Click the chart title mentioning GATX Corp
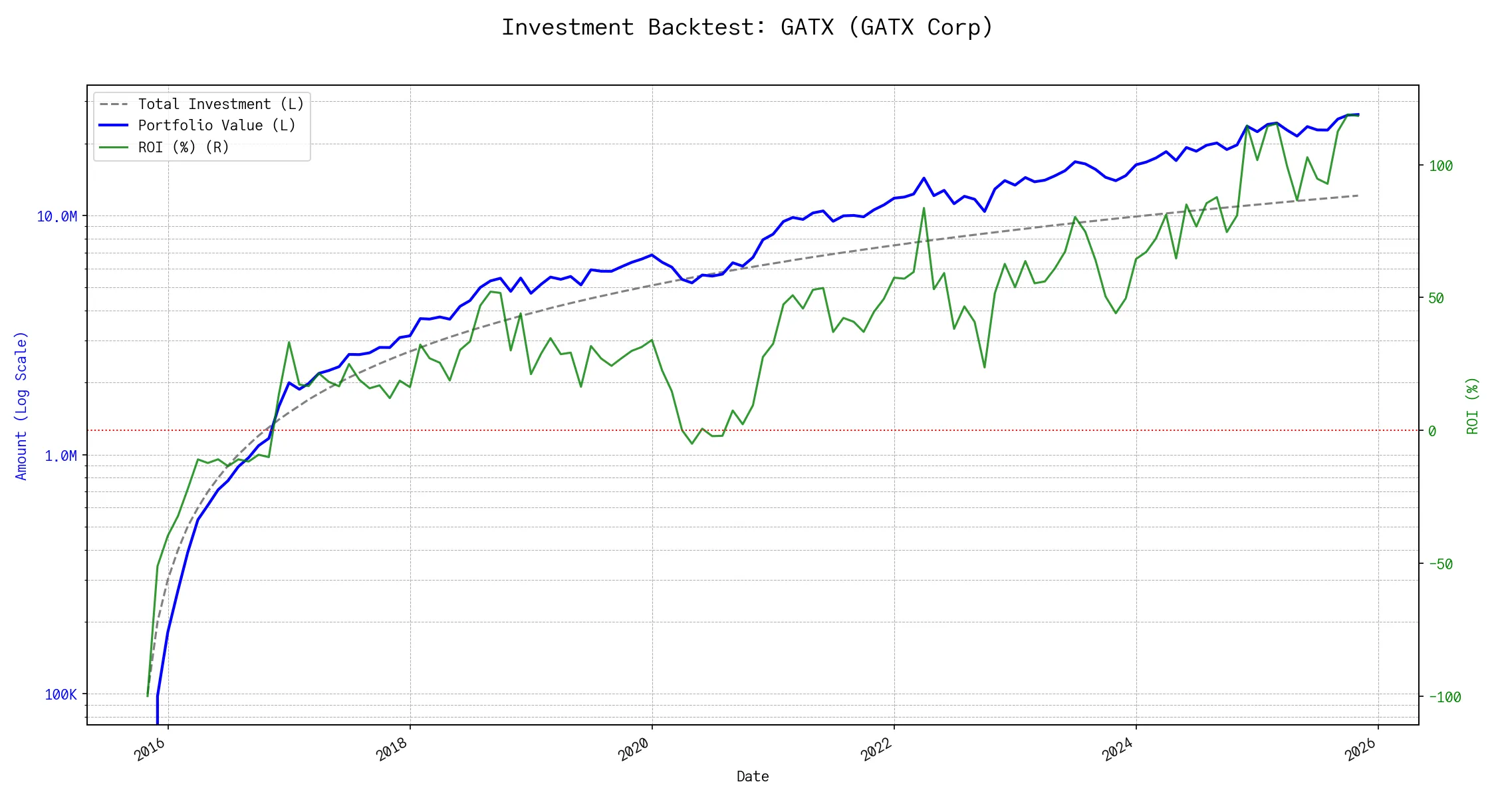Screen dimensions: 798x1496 747,27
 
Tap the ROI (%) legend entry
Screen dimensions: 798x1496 184,148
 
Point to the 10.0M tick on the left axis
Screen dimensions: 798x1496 57,217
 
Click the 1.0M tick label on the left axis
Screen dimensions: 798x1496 61,456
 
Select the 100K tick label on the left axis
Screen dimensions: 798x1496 61,695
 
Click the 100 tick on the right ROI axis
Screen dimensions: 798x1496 1441,166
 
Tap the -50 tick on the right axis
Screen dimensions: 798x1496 1441,565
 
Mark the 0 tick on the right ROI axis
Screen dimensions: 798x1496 1432,432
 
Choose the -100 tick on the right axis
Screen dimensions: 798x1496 1445,698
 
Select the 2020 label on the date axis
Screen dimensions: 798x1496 634,750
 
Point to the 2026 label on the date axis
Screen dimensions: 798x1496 1360,750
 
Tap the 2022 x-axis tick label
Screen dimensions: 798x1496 876,750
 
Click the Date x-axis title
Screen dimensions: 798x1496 753,777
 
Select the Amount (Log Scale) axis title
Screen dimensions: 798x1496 21,406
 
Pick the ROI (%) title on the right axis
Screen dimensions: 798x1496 1473,406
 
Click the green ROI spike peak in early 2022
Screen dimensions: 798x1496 924,208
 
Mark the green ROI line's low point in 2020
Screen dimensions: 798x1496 692,444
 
